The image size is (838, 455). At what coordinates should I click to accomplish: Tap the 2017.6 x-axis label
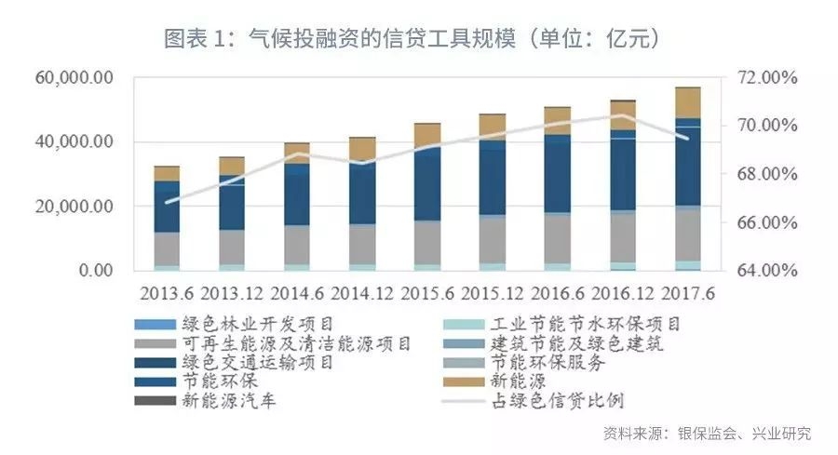tap(687, 293)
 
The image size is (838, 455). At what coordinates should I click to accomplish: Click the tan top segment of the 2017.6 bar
tap(688, 102)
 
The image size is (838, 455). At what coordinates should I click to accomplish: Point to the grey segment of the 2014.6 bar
tap(297, 244)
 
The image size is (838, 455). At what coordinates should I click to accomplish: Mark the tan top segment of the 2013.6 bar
tap(167, 173)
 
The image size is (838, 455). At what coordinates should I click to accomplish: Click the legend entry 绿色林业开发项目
tap(241, 324)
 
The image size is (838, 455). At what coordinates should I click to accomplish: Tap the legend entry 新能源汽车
tap(219, 401)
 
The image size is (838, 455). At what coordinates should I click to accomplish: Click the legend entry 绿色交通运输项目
tap(241, 363)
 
